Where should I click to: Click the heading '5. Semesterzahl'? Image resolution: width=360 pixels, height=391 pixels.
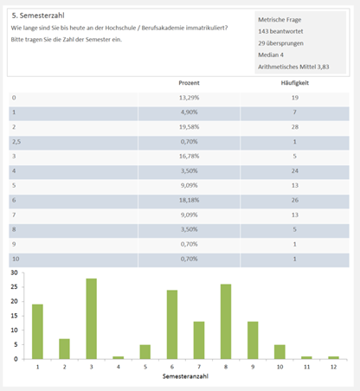tap(38, 16)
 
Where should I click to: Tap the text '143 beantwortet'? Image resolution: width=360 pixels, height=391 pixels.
tap(280, 31)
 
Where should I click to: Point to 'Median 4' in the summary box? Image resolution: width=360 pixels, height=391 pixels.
tap(271, 54)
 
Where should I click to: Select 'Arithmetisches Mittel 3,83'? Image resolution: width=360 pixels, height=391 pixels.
tap(293, 67)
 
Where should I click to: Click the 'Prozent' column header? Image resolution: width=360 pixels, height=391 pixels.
tap(189, 83)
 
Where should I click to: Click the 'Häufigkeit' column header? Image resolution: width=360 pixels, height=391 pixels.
tap(295, 83)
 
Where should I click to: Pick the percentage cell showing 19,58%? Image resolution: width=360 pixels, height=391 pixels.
tap(189, 127)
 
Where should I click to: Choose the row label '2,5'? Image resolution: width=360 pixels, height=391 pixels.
tap(16, 142)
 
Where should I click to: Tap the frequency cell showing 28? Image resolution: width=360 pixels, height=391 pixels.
tap(295, 127)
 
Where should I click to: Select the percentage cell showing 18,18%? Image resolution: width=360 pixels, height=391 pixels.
tap(189, 200)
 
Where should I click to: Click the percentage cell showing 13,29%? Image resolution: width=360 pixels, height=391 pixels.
tap(189, 98)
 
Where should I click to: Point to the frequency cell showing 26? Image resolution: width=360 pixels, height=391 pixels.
tap(295, 200)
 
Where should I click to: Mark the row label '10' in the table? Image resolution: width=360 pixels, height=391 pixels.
tap(16, 259)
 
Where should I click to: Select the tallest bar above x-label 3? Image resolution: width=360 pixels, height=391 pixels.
tap(91, 319)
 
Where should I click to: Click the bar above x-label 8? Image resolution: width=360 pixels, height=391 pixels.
tap(226, 322)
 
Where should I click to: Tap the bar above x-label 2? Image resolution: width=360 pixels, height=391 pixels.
tap(64, 349)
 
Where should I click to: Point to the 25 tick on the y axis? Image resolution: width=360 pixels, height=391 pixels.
tap(14, 287)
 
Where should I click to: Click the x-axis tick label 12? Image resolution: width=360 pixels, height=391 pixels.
tap(333, 367)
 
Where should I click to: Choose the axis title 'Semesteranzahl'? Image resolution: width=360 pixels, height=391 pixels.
tap(185, 376)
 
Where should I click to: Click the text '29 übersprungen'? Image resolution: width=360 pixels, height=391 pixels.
tap(280, 43)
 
